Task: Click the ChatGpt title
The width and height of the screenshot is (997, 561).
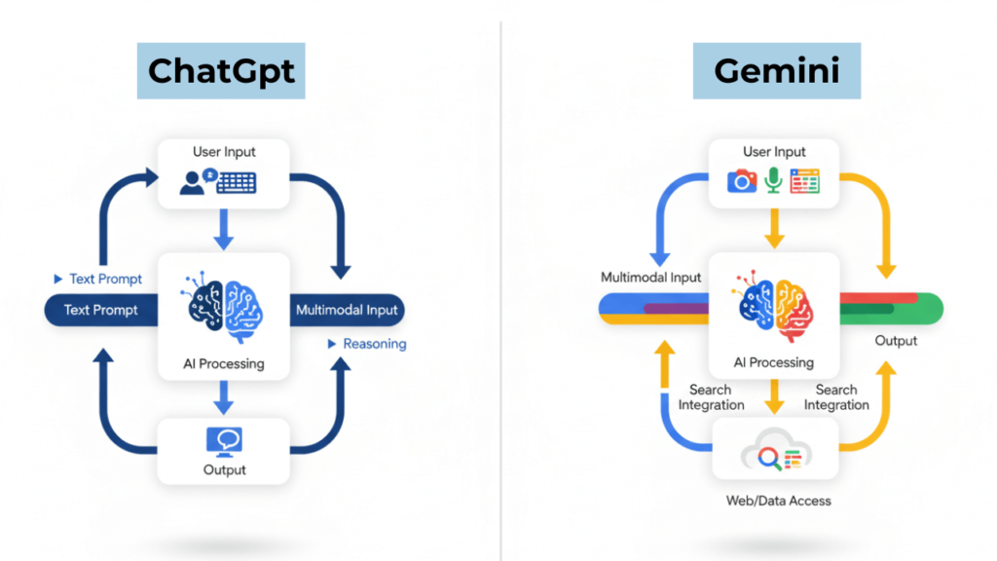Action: point(221,71)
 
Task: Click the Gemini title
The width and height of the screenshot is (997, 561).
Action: point(776,71)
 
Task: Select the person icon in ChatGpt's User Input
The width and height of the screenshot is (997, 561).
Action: point(196,182)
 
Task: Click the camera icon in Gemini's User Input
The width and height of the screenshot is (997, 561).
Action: point(742,181)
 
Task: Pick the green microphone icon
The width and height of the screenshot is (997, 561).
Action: point(773,180)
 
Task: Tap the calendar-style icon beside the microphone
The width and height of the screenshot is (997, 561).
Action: point(805,180)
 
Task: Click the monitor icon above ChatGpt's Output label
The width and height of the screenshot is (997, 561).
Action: point(224,441)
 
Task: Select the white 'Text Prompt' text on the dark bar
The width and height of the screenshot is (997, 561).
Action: point(101,311)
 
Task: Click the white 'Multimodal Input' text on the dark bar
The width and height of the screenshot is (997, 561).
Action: point(346,311)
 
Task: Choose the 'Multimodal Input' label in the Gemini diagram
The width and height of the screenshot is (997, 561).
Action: point(650,278)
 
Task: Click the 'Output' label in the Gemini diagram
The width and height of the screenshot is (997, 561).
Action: point(896,341)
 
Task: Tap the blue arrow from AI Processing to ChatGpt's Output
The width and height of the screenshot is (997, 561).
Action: point(224,395)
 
